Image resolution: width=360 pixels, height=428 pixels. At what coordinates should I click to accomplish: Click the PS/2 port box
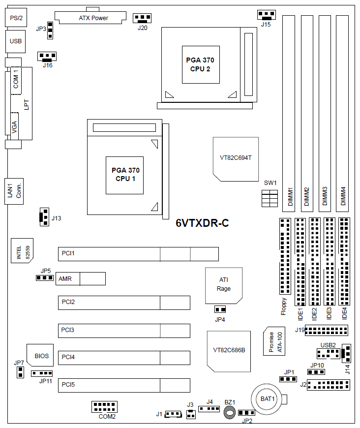16,18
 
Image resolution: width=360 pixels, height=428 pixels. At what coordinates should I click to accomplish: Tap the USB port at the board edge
15,41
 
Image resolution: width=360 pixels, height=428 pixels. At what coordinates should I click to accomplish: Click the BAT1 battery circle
268,398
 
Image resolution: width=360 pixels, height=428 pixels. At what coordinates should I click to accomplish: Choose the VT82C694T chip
236,158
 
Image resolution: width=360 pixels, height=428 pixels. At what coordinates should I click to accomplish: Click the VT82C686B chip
229,351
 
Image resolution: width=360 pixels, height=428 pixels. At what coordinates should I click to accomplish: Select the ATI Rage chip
223,285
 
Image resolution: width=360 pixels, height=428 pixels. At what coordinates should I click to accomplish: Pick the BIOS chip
41,356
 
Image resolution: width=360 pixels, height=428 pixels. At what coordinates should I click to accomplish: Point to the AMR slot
81,278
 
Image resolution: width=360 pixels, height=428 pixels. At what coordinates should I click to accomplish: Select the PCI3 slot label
68,330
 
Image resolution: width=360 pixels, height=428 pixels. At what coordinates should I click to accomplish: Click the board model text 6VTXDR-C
202,223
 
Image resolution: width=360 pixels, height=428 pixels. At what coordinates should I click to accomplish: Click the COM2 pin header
104,407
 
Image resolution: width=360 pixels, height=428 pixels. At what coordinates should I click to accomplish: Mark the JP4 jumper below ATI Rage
220,309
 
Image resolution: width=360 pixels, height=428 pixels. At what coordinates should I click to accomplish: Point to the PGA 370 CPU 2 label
200,64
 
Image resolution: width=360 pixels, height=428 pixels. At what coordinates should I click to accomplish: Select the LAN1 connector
15,190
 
